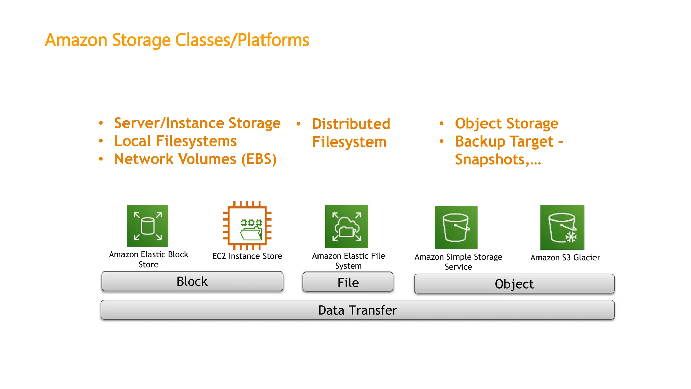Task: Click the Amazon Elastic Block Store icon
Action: (x=147, y=226)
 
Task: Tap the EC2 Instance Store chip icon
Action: (x=247, y=226)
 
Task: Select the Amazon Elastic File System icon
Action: (x=347, y=226)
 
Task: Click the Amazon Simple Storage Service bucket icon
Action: (x=456, y=227)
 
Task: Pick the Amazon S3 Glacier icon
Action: (x=562, y=227)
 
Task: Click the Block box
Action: (x=192, y=281)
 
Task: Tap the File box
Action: (x=348, y=282)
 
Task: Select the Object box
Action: (x=514, y=284)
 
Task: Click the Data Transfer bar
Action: (x=358, y=310)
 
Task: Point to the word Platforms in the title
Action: (x=273, y=40)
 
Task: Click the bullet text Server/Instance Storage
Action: (x=197, y=123)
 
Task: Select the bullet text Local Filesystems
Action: (x=175, y=141)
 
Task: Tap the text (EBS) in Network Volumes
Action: (x=259, y=159)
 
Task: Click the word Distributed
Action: (x=351, y=124)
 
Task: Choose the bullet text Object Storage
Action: (x=507, y=123)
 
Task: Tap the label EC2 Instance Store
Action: (x=247, y=256)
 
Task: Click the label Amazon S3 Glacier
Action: (x=565, y=258)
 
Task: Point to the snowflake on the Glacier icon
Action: (x=571, y=237)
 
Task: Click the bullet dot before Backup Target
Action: (x=441, y=141)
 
